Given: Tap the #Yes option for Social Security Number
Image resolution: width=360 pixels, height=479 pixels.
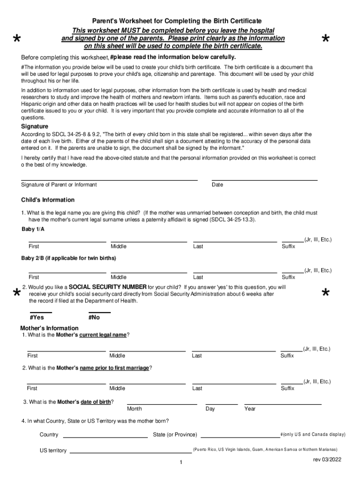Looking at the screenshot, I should [41, 310].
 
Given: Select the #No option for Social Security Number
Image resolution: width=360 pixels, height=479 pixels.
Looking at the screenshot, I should [99, 310].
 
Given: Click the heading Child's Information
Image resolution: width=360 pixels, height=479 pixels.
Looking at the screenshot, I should [48, 200].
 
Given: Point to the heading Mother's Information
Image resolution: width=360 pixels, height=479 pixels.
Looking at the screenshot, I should [49, 328].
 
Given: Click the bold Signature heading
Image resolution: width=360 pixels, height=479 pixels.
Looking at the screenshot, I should [35, 126].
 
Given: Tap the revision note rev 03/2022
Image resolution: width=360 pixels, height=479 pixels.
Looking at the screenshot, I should [327, 460].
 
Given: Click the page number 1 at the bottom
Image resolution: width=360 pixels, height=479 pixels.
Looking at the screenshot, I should [180, 463].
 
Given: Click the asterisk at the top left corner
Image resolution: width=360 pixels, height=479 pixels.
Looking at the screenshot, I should [17, 39].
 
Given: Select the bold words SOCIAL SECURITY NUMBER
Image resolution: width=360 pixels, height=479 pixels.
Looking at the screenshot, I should [108, 287].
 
